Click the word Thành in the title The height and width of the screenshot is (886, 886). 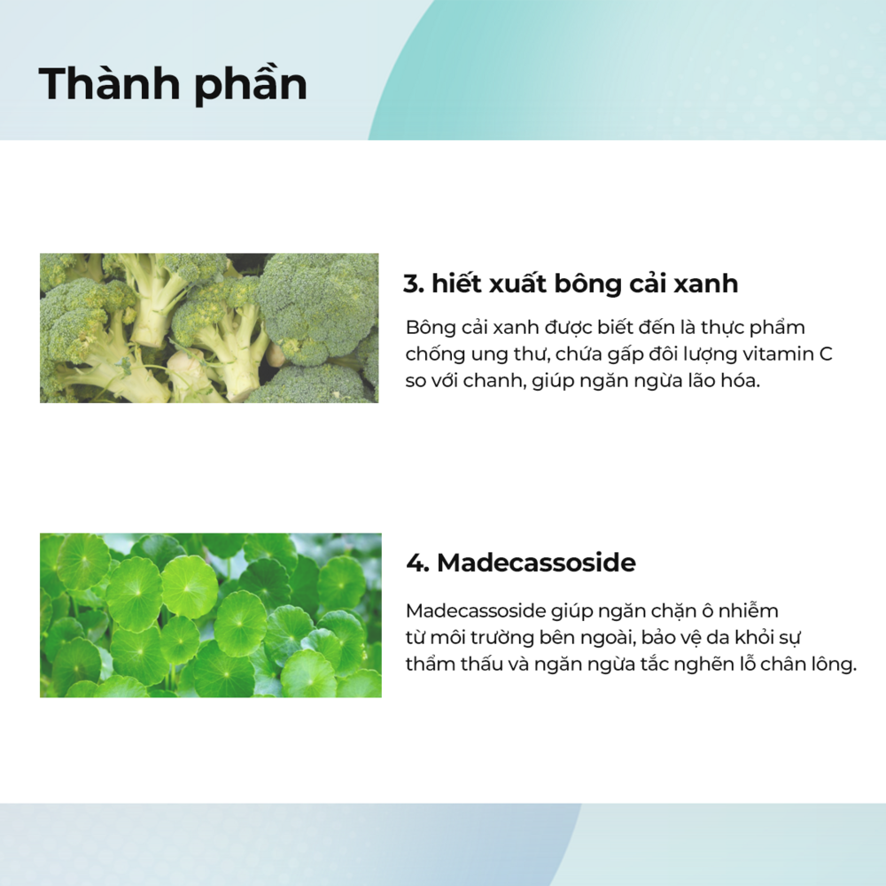click(109, 83)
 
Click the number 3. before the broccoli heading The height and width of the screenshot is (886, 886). click(414, 284)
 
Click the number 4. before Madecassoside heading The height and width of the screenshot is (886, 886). click(417, 563)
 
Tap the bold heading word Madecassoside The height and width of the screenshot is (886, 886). click(536, 563)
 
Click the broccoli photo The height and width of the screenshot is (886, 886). click(209, 328)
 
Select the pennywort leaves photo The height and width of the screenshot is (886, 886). click(211, 615)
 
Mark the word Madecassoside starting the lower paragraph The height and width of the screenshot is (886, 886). click(476, 610)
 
